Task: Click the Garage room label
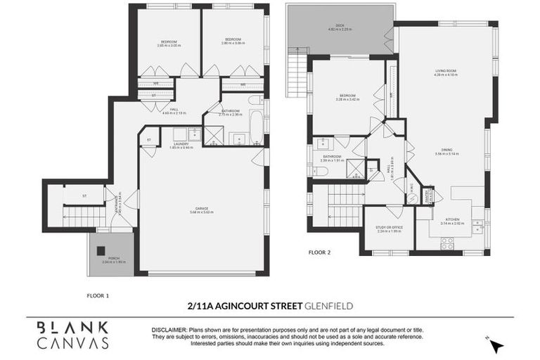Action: (201, 209)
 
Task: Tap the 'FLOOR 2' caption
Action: (320, 250)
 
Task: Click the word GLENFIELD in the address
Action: (328, 305)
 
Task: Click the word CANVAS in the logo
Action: (74, 343)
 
